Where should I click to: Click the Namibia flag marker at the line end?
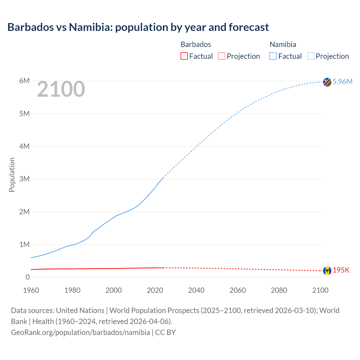[x=327, y=82]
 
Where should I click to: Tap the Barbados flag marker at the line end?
[x=327, y=271]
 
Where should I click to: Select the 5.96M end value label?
[x=342, y=82]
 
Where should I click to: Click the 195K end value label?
[x=341, y=270]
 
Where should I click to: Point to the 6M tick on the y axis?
[x=24, y=81]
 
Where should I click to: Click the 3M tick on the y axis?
[x=24, y=179]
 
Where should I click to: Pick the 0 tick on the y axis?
[x=27, y=277]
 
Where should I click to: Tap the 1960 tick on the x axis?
[x=31, y=290]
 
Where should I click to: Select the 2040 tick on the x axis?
[x=196, y=290]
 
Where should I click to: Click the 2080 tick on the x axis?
[x=279, y=290]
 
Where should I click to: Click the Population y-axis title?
[x=12, y=175]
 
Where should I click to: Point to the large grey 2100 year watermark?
[x=61, y=89]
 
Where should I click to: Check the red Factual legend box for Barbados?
[x=184, y=56]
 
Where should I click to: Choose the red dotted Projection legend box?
[x=222, y=56]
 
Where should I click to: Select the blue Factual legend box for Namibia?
[x=273, y=56]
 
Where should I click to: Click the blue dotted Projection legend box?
[x=310, y=56]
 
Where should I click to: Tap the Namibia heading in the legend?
[x=283, y=44]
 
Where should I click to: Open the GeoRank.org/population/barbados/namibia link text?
[x=80, y=332]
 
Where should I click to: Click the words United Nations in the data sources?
[x=80, y=310]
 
